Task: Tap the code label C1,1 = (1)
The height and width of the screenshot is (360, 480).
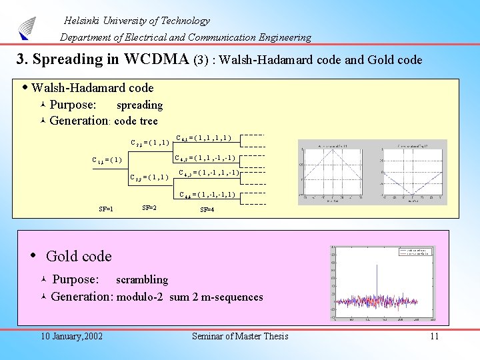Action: point(107,159)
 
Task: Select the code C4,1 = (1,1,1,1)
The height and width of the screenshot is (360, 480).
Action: point(203,139)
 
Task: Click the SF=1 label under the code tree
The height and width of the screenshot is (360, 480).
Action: point(105,209)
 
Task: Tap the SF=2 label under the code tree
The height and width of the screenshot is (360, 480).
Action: point(150,207)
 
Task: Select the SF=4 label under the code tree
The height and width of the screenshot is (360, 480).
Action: point(207,209)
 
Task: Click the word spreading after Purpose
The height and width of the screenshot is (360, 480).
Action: point(139,105)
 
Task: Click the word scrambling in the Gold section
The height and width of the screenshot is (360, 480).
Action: point(142,280)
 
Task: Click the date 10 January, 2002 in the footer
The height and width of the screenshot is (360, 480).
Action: point(71,336)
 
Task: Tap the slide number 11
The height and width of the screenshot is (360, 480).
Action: point(434,336)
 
